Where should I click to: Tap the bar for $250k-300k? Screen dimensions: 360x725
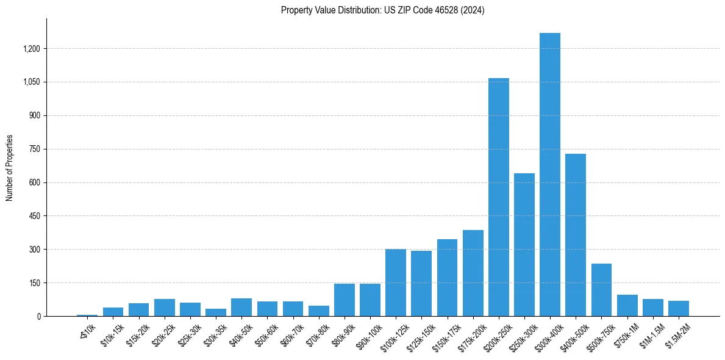click(524, 245)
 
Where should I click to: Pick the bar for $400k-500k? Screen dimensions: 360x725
click(575, 235)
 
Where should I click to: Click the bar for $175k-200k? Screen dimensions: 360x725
click(473, 273)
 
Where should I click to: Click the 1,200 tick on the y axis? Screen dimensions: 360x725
click(30, 49)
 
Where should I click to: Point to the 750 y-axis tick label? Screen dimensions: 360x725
click(33, 149)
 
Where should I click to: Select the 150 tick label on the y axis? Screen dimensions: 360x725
click(33, 283)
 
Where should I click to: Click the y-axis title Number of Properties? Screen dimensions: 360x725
click(9, 168)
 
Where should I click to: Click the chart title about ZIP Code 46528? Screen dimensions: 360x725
click(382, 10)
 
